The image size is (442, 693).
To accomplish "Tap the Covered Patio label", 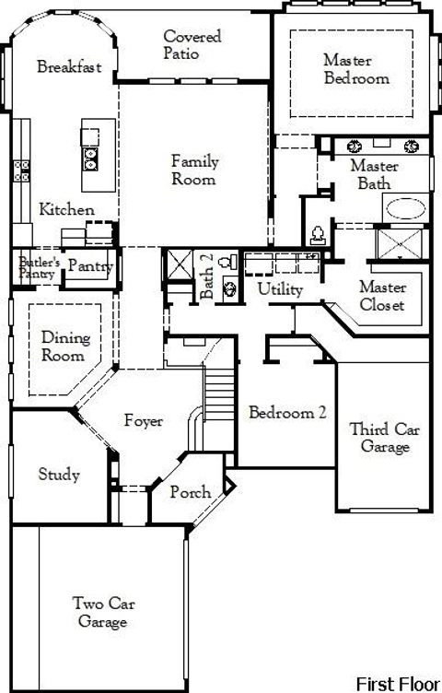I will [192, 43].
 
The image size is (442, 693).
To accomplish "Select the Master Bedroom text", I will [355, 69].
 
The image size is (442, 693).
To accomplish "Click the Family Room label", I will [194, 170].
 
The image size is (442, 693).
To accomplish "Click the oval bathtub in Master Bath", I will [406, 208].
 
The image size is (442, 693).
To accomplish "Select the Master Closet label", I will [382, 296].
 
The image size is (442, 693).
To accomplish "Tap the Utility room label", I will [280, 289].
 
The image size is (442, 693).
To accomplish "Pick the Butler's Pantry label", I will [40, 267].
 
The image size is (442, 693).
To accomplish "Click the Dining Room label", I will [65, 346].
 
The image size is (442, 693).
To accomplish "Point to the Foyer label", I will [144, 421].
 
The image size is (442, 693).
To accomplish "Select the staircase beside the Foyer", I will [218, 388].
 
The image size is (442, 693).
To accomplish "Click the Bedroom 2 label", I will [287, 413].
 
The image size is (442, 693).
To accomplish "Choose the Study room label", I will [58, 476].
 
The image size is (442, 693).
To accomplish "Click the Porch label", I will [191, 492].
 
